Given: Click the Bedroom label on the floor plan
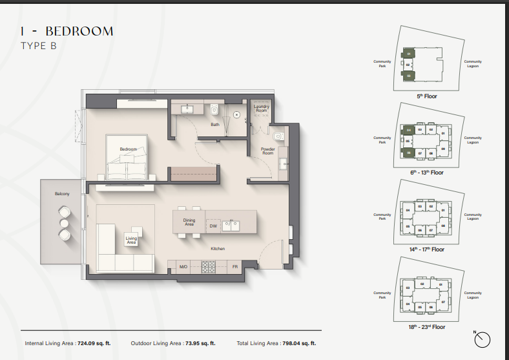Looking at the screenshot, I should click(129, 149).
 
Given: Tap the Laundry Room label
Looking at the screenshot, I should click(261, 109).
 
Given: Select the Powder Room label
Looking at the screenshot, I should click(267, 151).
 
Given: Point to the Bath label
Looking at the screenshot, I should click(214, 124).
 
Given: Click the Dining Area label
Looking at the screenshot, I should click(189, 222).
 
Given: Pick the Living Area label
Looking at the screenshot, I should click(131, 240).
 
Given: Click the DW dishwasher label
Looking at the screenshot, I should click(213, 226).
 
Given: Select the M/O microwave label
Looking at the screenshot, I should click(183, 266).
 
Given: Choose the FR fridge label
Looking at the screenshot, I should click(236, 266).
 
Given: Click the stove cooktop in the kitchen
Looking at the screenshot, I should click(209, 266).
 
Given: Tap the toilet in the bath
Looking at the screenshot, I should click(214, 109).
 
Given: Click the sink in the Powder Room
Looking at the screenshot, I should click(278, 136).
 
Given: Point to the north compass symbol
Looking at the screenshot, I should click(482, 339).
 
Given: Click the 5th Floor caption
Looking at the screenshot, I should click(427, 96).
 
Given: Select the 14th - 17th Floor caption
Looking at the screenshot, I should click(427, 249).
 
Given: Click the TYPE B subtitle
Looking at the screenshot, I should click(38, 45).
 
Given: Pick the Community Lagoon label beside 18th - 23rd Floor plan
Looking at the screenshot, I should click(473, 295).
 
